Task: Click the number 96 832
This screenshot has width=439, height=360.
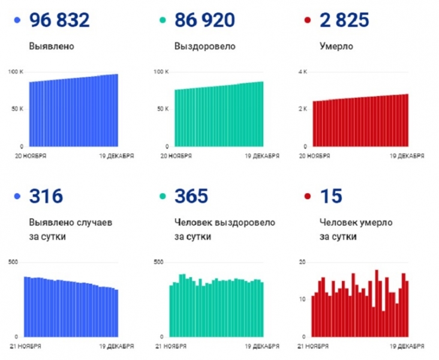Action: click(59, 21)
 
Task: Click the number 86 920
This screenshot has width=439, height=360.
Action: click(205, 21)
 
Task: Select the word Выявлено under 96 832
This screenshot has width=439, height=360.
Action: click(52, 46)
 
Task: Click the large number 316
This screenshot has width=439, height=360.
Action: click(46, 196)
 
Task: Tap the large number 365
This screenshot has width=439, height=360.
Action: click(191, 196)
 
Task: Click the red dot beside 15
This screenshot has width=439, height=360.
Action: click(308, 197)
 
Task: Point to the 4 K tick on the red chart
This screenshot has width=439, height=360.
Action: click(303, 72)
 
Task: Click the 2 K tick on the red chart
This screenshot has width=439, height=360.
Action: click(303, 109)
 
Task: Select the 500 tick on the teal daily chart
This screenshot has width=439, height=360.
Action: click(158, 262)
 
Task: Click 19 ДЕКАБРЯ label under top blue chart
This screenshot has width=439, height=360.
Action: click(116, 156)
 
